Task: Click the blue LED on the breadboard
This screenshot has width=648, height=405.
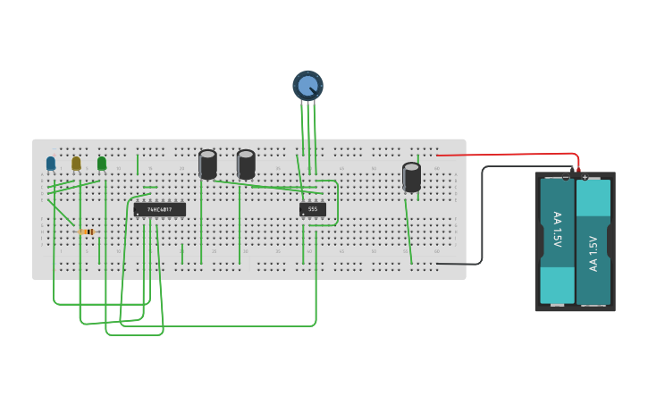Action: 51,164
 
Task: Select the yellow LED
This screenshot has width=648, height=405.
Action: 76,164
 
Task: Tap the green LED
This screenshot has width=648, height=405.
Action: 102,164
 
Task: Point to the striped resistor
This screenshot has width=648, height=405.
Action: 88,232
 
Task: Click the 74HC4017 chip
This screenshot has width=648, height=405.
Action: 160,209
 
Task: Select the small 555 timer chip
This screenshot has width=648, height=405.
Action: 313,209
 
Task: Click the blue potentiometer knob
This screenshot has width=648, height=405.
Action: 307,86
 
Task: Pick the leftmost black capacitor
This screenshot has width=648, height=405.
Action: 207,165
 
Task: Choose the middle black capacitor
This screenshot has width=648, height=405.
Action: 246,165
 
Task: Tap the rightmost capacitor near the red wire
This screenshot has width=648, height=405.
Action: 411,176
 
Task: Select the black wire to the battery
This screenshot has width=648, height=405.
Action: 483,215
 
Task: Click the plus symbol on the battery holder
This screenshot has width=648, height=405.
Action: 585,177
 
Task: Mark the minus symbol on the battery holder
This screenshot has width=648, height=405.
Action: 566,177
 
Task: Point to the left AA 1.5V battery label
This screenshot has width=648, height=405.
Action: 557,230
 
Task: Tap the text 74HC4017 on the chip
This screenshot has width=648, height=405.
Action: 160,209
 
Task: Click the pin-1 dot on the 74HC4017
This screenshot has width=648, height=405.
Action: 138,214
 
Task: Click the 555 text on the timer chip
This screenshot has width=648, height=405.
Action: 313,208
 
